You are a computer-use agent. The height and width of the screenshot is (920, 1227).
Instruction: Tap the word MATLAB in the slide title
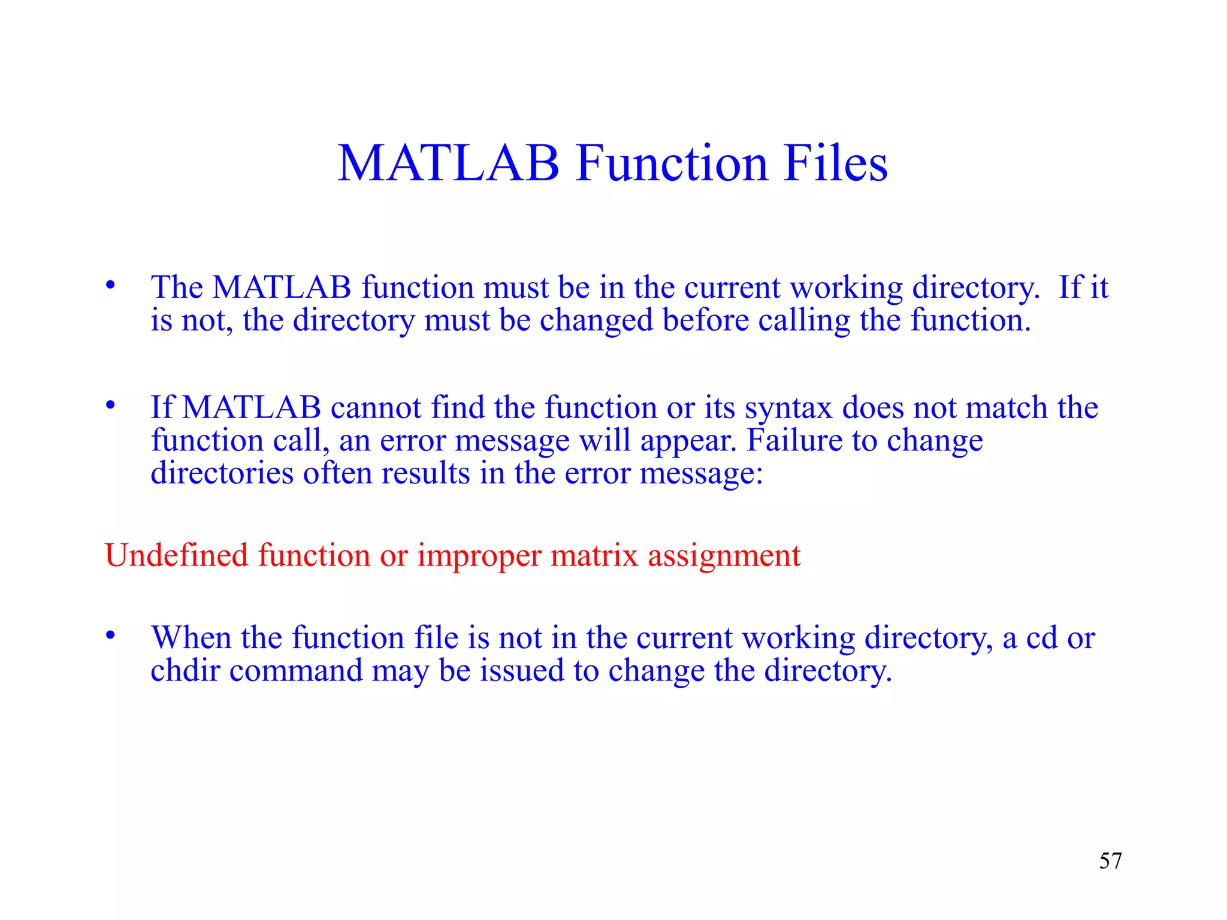(x=448, y=163)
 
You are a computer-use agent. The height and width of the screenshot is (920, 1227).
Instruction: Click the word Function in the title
(x=672, y=163)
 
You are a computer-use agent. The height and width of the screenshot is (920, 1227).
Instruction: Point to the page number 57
(x=1110, y=861)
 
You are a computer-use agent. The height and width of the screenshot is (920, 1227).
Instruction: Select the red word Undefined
(x=176, y=555)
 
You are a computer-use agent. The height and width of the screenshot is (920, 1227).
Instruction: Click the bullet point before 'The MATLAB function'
(x=110, y=286)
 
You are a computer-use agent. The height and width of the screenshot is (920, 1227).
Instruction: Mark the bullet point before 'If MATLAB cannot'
(x=110, y=405)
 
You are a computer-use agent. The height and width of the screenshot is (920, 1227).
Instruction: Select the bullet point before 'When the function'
(x=110, y=635)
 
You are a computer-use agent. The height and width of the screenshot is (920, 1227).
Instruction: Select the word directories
(x=222, y=473)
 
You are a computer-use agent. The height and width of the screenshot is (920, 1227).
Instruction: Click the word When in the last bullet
(x=191, y=637)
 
